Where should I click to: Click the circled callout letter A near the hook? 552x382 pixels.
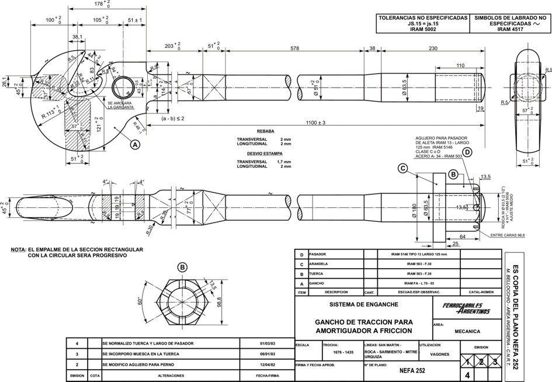[135, 144]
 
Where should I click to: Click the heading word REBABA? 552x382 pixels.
[265, 132]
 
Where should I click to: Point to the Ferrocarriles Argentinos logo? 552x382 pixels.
[467, 309]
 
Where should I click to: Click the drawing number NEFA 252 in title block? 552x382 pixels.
[412, 370]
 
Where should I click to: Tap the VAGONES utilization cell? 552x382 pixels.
[439, 354]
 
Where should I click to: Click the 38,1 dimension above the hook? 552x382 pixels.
[77, 37]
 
